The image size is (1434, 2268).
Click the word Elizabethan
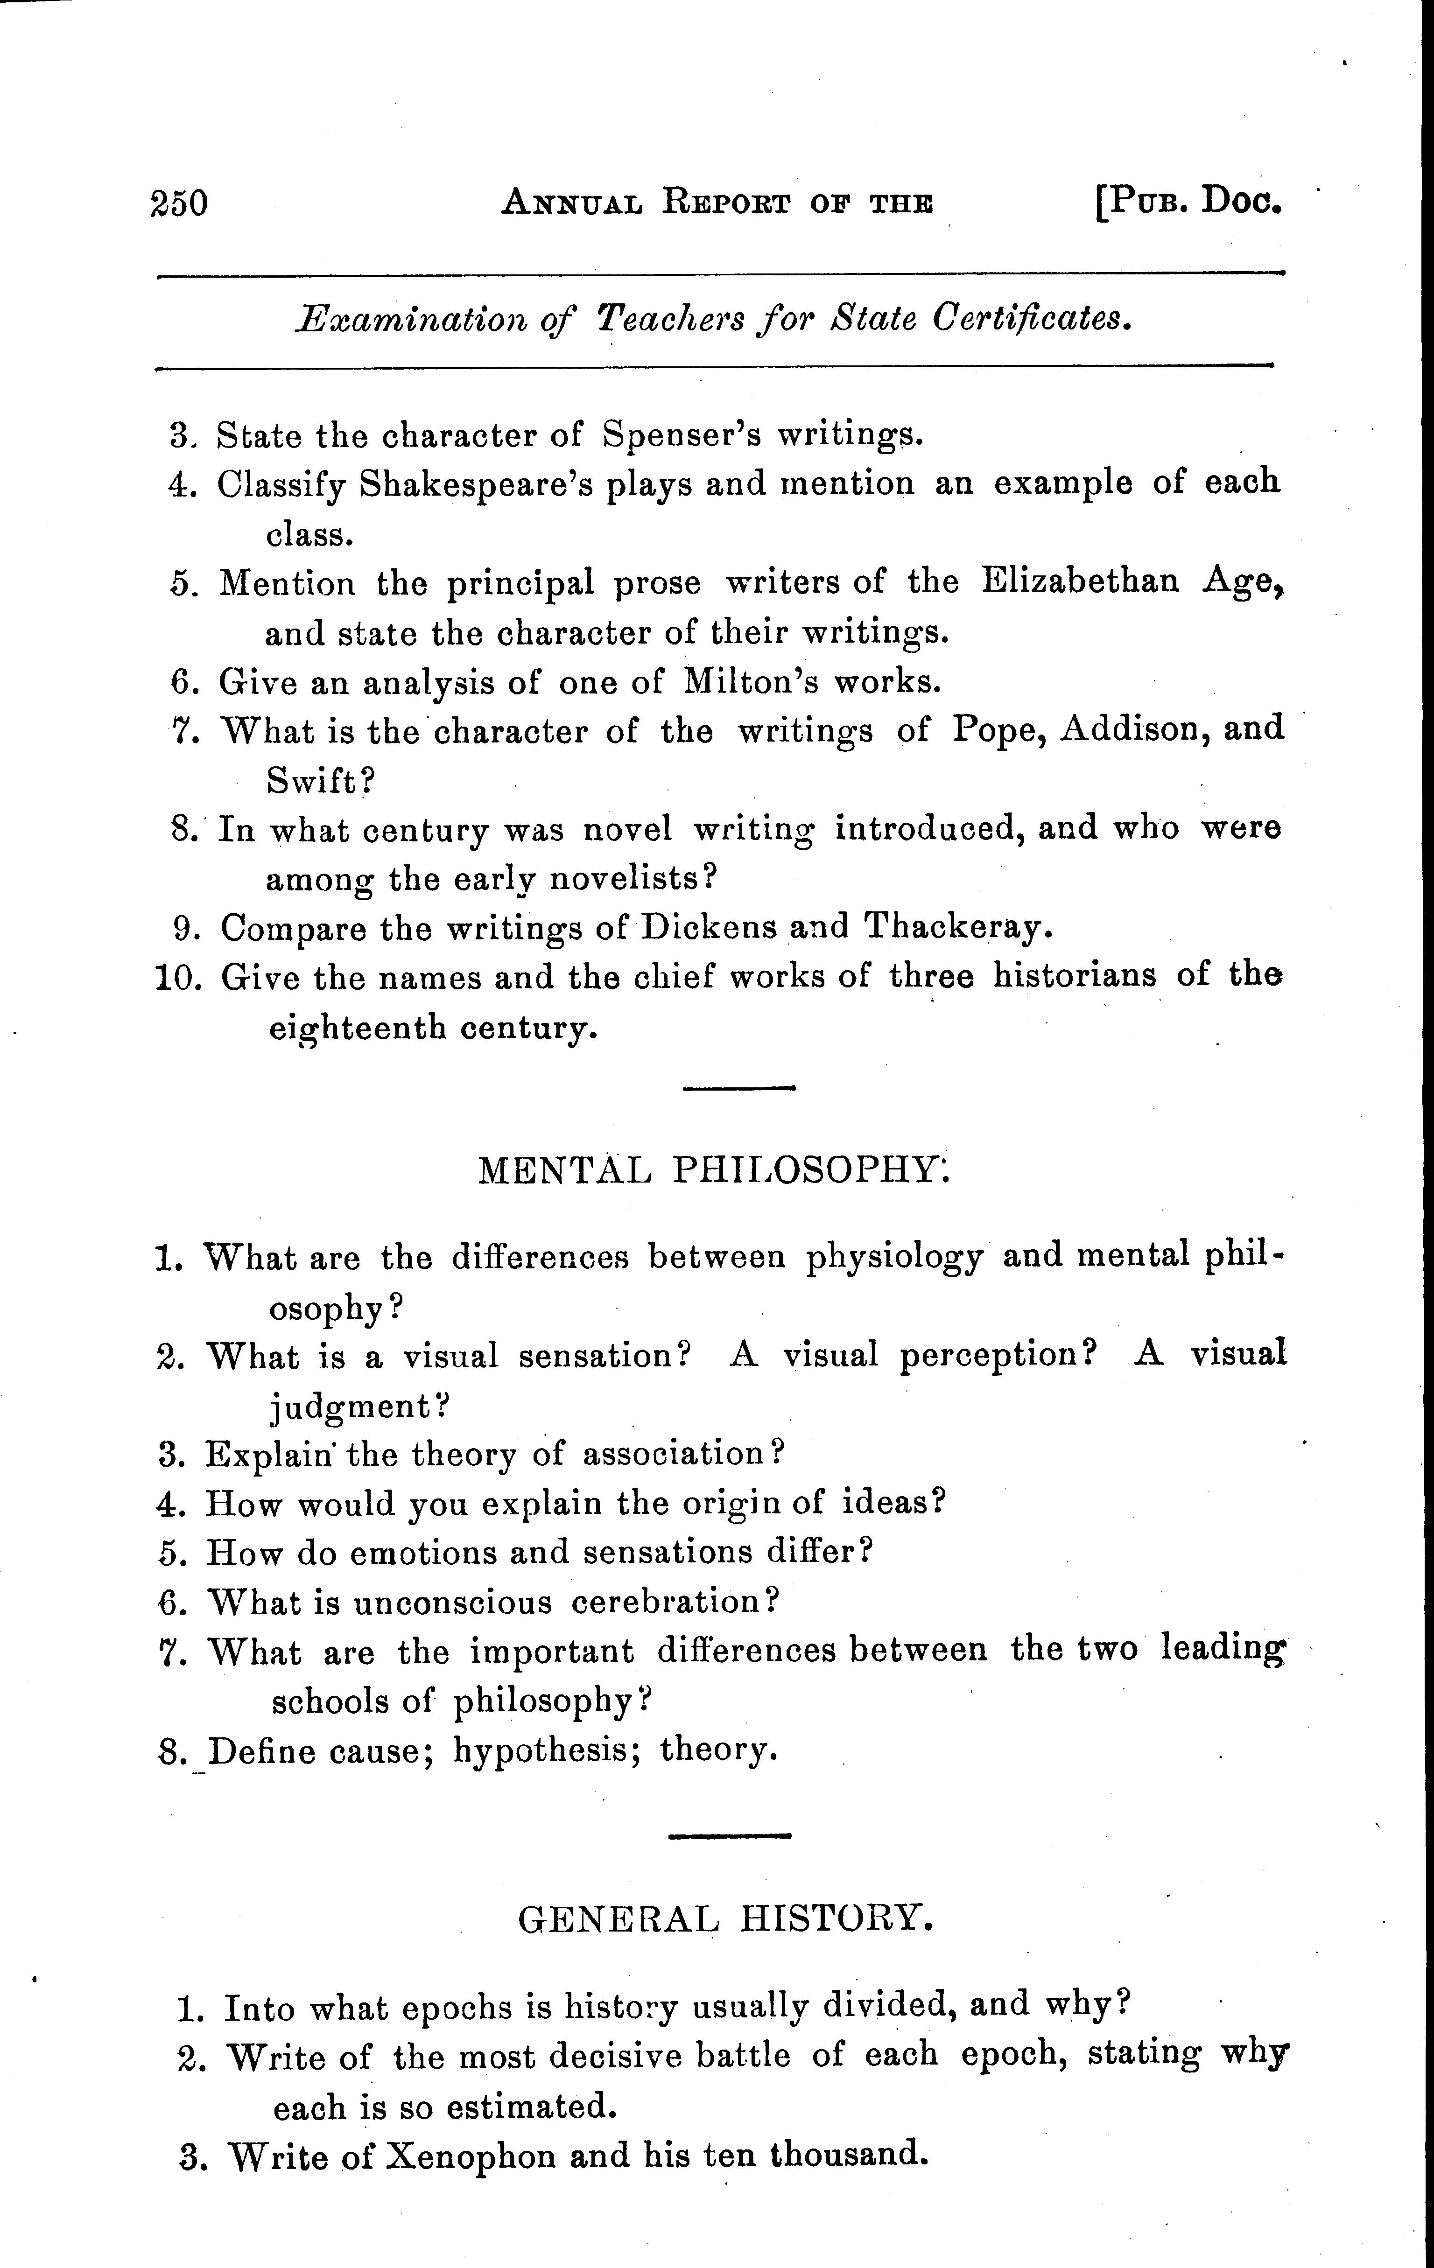click(x=1080, y=581)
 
